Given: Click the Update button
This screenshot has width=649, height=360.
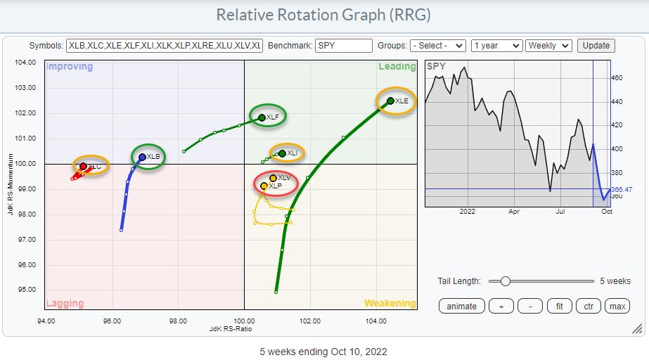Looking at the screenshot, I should [596, 46].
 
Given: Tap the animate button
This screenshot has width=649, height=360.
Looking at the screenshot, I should [461, 306].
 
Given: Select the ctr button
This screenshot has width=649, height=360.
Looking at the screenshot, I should [588, 306].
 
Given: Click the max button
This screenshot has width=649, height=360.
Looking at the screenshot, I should [617, 306].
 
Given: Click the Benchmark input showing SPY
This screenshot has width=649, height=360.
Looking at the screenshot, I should [343, 46].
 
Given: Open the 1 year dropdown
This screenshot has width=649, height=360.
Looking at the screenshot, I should [497, 46].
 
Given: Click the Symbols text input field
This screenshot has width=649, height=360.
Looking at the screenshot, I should [164, 46].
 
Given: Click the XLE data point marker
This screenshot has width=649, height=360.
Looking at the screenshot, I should [391, 101].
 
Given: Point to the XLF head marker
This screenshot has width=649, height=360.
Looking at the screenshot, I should [262, 117].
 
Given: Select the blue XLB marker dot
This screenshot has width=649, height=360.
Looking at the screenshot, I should [142, 157].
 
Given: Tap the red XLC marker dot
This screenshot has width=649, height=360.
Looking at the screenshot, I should [83, 167].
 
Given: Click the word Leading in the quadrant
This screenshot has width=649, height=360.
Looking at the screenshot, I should [397, 67].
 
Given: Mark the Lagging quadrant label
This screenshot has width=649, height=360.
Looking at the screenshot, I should [65, 304].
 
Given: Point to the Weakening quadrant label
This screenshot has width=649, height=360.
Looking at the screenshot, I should [390, 304].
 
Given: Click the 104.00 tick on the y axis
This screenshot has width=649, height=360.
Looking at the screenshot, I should [25, 63].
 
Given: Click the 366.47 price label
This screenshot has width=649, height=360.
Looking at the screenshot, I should [617, 189].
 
